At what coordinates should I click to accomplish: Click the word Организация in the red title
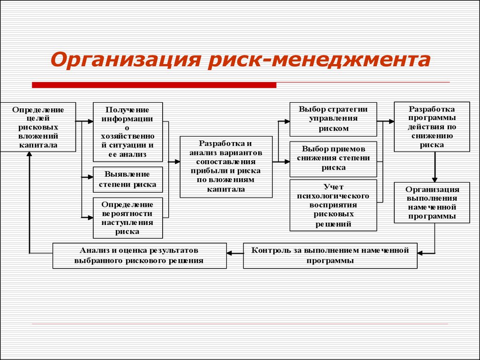(126, 60)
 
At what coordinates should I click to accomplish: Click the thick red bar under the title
(154, 85)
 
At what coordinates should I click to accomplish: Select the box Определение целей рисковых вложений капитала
(38, 127)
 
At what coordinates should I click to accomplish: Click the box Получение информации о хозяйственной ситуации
(127, 132)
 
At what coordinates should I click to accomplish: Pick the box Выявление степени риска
(127, 180)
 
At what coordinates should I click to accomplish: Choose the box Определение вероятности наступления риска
(127, 218)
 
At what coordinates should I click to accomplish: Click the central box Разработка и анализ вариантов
(226, 167)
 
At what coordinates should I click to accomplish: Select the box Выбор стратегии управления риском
(333, 120)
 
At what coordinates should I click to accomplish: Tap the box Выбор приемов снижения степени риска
(333, 159)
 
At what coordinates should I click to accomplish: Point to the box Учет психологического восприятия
(333, 205)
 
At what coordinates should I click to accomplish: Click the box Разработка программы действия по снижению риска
(432, 127)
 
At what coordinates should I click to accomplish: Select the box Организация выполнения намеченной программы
(432, 202)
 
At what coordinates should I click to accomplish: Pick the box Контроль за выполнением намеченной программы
(330, 255)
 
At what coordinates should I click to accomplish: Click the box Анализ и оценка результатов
(140, 255)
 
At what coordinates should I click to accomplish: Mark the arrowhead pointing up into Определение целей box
(30, 154)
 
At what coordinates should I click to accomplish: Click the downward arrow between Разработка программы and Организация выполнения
(435, 167)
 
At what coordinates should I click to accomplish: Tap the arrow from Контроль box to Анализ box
(235, 253)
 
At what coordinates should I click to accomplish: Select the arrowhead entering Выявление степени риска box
(90, 177)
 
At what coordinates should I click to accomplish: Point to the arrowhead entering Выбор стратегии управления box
(287, 121)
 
